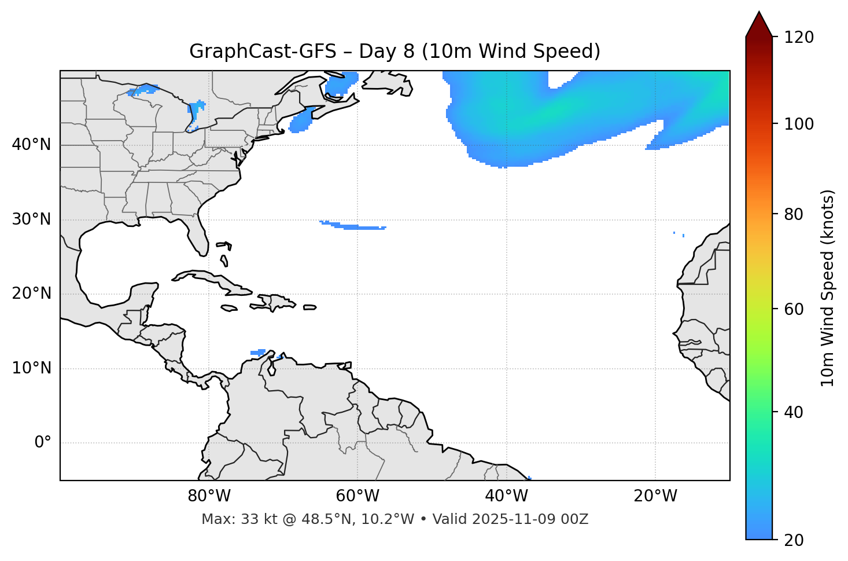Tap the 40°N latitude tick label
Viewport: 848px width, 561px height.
(31, 145)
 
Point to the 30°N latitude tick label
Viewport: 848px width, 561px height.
(31, 219)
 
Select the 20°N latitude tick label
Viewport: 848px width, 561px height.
(31, 294)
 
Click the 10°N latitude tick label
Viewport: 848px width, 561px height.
(31, 368)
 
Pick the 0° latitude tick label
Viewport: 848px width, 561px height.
(42, 443)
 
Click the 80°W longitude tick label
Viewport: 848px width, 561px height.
(209, 496)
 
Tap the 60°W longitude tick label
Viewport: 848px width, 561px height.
(357, 496)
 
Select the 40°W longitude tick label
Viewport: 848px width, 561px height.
(507, 496)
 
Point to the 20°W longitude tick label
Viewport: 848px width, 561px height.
(655, 496)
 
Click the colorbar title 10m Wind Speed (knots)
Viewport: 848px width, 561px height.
(828, 288)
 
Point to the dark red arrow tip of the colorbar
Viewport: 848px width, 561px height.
(759, 17)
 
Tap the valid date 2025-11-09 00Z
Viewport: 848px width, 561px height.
(530, 519)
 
